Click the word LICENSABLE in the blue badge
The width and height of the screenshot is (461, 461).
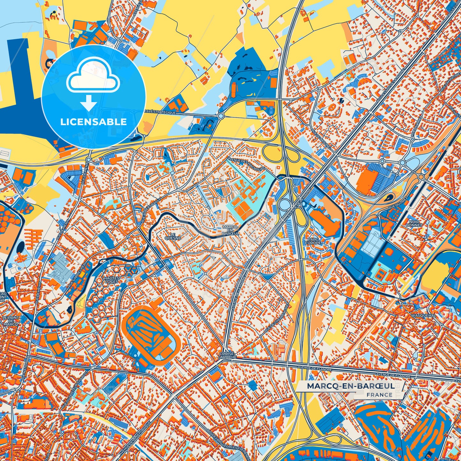tap(93, 122)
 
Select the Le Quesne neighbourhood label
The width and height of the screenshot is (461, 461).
tap(173, 236)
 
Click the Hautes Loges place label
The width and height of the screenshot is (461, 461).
tap(112, 280)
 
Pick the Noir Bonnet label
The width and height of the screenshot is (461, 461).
tap(414, 223)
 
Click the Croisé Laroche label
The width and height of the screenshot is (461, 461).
tap(228, 355)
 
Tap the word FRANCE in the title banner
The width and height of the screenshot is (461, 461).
tap(379, 395)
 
